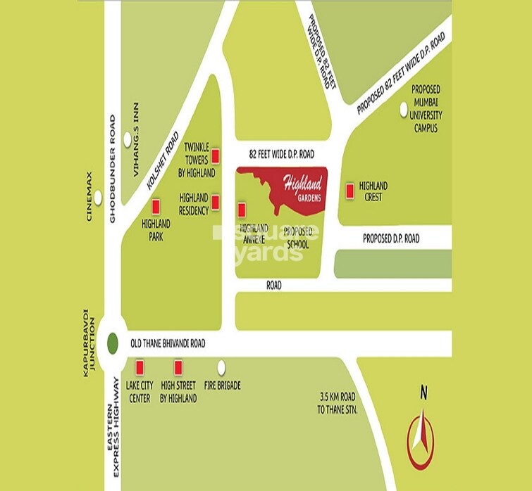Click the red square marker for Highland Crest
tap(349, 190)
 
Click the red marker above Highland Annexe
tap(242, 209)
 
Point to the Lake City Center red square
tap(140, 366)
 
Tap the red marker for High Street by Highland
tap(178, 366)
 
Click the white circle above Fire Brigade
tap(222, 366)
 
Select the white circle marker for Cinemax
tap(99, 198)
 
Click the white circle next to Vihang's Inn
tap(128, 141)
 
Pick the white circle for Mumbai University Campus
tap(404, 110)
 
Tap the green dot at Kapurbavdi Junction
tap(113, 344)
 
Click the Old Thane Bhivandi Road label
tap(168, 344)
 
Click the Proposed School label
tap(298, 238)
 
